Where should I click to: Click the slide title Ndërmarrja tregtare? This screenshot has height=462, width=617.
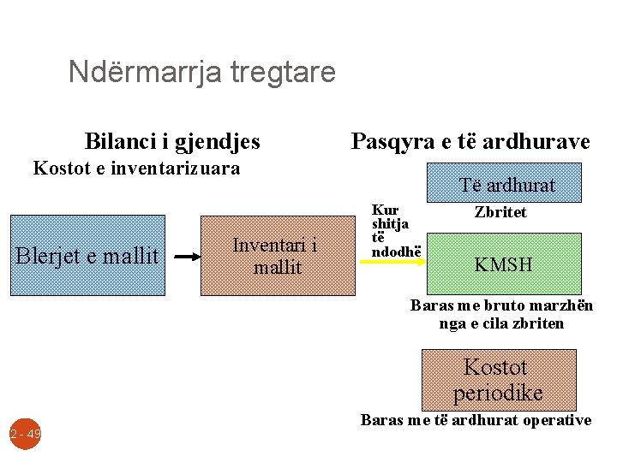[x=201, y=71]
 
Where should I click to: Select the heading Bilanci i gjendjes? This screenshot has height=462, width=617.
[x=172, y=141]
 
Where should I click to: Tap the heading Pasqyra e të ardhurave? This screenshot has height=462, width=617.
[x=470, y=141]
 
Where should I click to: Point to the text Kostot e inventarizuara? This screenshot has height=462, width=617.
[x=136, y=168]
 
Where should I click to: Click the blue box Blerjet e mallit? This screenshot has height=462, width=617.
[x=87, y=255]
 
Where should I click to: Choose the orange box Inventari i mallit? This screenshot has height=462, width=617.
[x=277, y=255]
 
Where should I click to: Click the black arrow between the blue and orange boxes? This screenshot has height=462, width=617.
[x=183, y=255]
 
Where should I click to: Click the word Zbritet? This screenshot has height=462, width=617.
[x=500, y=212]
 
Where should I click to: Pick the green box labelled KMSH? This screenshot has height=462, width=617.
[x=504, y=264]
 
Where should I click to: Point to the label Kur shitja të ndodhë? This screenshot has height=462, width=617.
[x=390, y=231]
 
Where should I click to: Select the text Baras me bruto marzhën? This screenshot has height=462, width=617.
[x=501, y=305]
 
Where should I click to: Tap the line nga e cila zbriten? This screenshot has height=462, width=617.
[x=501, y=323]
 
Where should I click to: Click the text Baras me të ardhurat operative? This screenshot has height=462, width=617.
[x=476, y=420]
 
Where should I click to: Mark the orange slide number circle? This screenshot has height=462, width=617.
[x=26, y=434]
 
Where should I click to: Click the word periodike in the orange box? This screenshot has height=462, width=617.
[x=498, y=393]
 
